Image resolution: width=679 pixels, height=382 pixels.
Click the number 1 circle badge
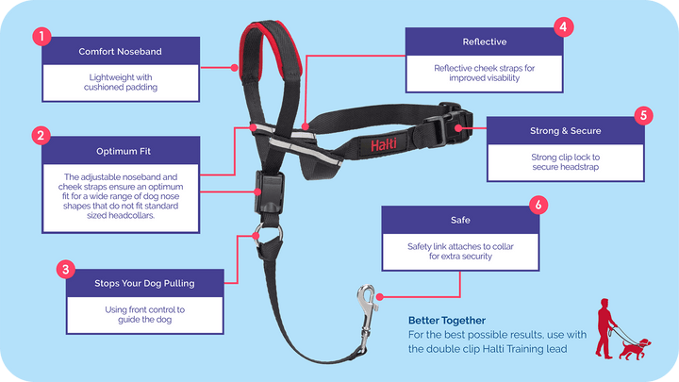40,38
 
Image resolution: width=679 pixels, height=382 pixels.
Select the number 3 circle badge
65,270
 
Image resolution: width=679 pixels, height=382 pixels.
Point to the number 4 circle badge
563,26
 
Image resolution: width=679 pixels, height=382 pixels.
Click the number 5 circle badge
643,116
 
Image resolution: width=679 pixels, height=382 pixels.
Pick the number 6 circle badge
537,205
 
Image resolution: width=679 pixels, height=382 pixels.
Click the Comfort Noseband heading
122,51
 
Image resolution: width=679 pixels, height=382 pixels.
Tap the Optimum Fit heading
122,150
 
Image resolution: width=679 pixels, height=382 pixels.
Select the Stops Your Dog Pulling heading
145,282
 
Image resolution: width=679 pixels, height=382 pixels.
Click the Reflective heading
485,42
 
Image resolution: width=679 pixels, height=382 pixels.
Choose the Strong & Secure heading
565,130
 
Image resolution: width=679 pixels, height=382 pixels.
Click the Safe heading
458,220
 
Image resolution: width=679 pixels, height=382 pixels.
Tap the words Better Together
448,321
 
